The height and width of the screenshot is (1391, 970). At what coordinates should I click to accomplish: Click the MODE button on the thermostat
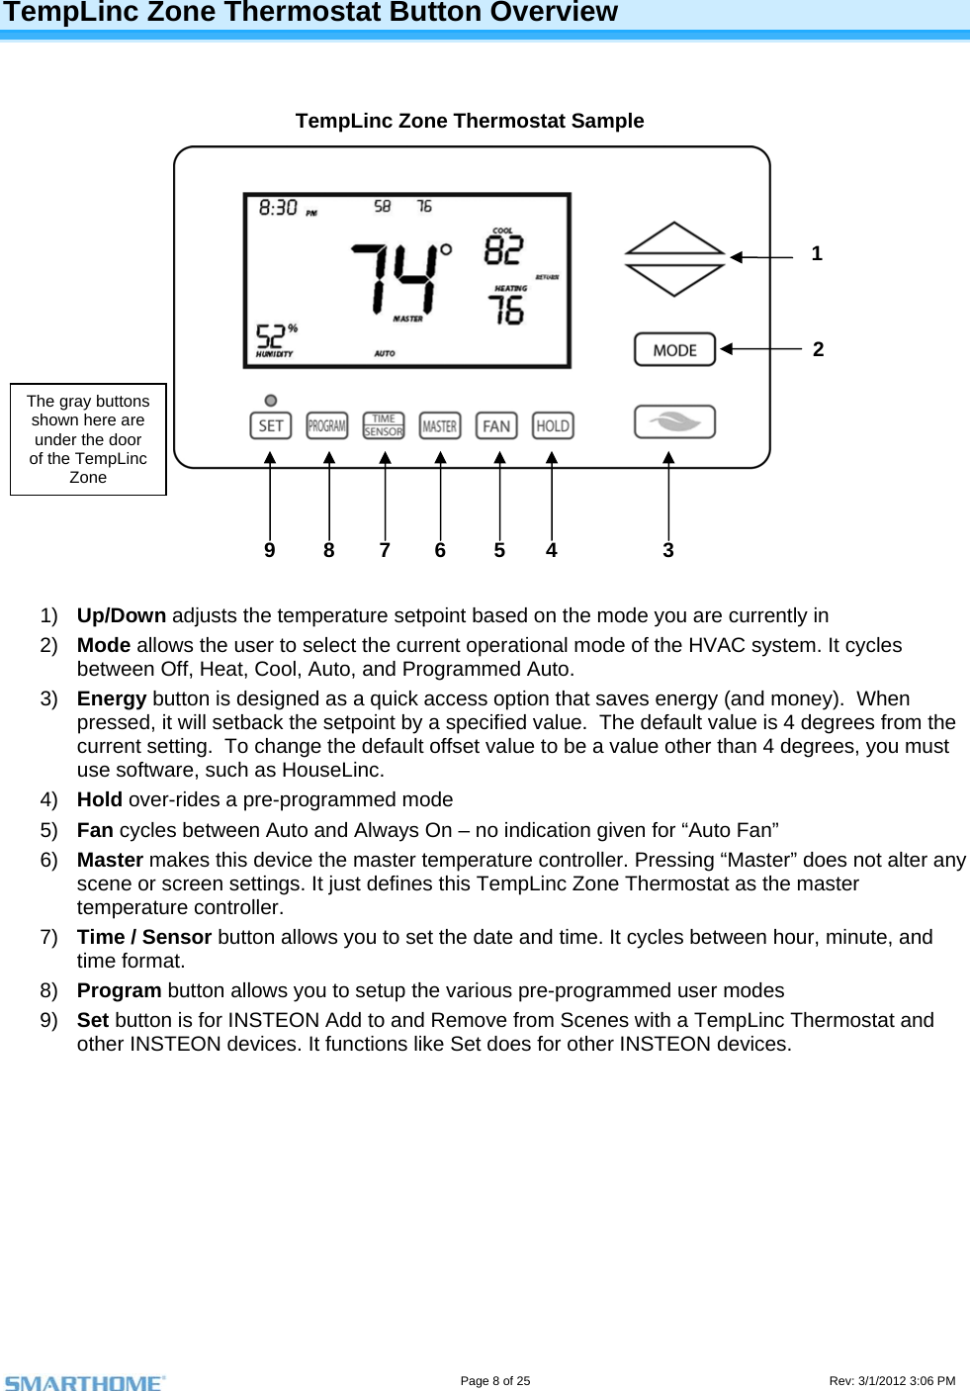click(x=674, y=350)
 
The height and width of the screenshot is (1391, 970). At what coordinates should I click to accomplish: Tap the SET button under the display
click(x=270, y=426)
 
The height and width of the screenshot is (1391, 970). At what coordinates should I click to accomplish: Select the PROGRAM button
click(x=327, y=426)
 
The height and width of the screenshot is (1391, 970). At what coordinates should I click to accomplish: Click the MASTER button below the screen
click(x=440, y=426)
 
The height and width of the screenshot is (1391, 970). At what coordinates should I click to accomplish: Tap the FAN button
click(x=496, y=426)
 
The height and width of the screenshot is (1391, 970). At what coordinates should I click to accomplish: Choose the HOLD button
click(x=553, y=426)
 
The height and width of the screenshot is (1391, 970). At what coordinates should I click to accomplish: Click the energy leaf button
click(x=674, y=421)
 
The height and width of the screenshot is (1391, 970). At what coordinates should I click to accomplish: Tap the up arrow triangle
click(x=674, y=238)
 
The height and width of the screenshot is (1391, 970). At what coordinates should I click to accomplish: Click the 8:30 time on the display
click(x=278, y=208)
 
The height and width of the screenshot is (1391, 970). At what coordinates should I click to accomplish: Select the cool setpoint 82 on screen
click(x=503, y=249)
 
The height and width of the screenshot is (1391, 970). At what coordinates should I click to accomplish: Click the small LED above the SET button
click(x=271, y=401)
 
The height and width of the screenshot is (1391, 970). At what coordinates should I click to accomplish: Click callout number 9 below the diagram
click(x=270, y=551)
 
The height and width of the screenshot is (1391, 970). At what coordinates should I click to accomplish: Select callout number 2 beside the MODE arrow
click(x=818, y=349)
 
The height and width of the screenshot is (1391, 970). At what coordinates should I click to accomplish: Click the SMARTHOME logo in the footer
click(x=85, y=1382)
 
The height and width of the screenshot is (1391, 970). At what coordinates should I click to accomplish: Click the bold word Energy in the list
click(x=112, y=698)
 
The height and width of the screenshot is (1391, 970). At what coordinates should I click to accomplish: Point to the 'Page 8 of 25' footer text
click(x=495, y=1381)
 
